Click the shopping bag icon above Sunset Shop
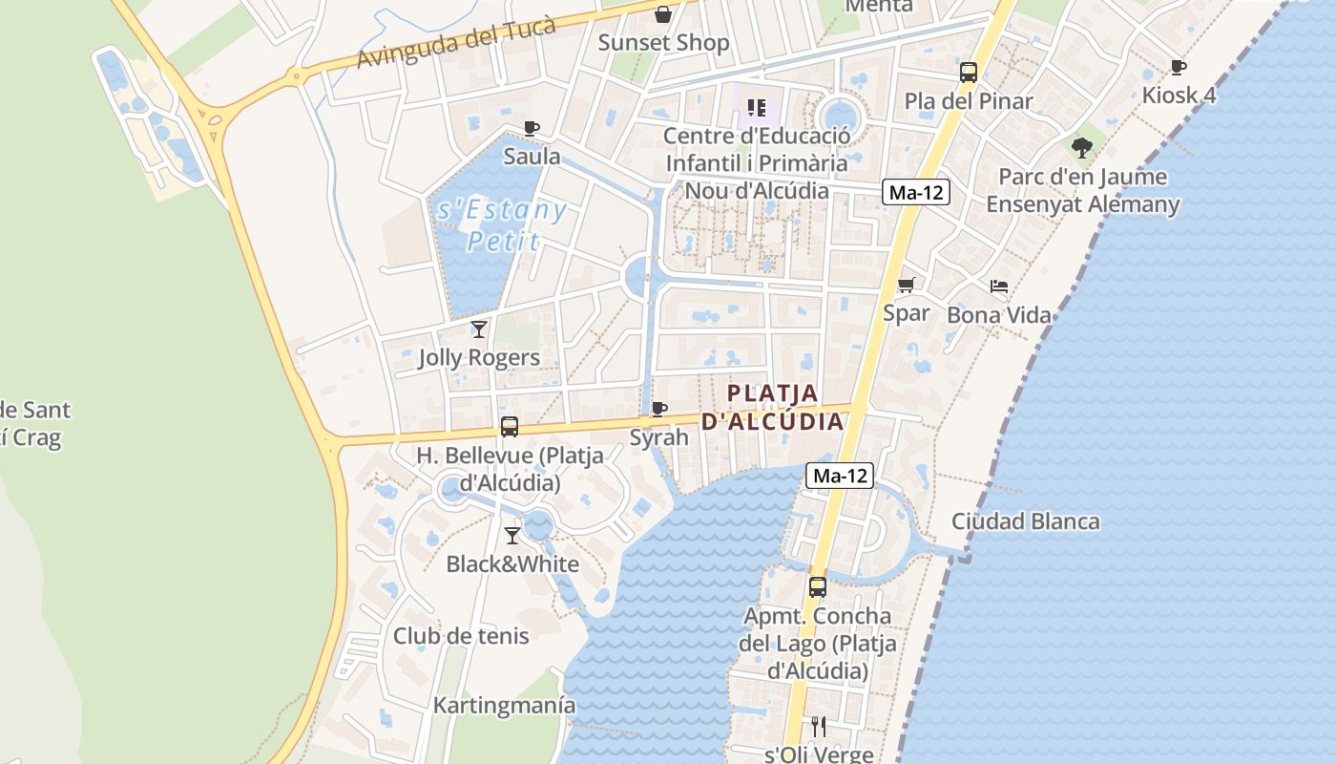pos(663,14)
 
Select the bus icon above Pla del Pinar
pos(969,72)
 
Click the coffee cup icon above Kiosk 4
pos(1179,67)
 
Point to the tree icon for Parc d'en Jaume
pos(1081,147)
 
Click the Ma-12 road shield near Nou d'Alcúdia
pos(915,193)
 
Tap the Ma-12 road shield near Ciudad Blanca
pos(841,476)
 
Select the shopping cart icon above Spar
pos(907,285)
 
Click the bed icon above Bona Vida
pos(999,286)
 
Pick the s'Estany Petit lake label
pos(502,225)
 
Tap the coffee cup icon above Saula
pos(532,128)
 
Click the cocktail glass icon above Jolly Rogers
pos(479,329)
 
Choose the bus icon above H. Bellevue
pos(510,427)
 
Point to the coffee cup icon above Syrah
pos(658,410)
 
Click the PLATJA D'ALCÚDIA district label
pos(773,407)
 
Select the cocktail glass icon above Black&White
pos(512,535)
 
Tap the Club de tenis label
pos(461,636)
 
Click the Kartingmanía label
pos(505,706)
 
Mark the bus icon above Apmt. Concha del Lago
pos(818,587)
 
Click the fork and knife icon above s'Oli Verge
pos(819,727)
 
